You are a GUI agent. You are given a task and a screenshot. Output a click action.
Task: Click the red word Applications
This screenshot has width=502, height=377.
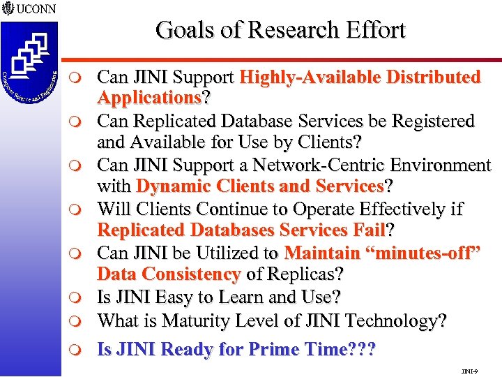pos(149,96)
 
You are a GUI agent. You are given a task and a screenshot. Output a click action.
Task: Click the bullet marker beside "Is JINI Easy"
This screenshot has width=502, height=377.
pos(81,298)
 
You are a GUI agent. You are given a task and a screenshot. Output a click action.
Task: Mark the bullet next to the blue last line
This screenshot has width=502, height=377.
pos(81,349)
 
